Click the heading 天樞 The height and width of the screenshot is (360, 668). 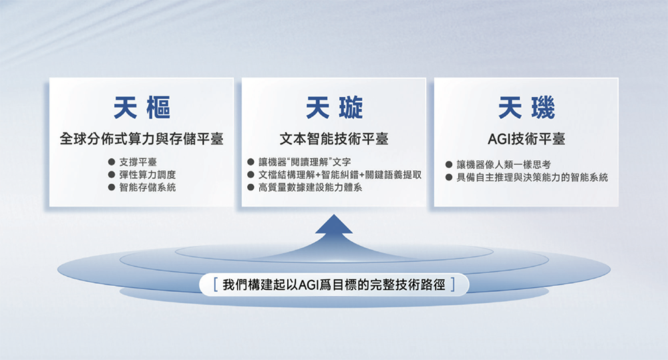[141, 107]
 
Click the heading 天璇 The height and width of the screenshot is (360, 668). [334, 107]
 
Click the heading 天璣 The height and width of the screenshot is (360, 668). [526, 107]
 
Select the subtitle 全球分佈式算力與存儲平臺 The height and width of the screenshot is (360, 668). [141, 140]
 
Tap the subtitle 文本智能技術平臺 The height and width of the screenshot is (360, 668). [334, 140]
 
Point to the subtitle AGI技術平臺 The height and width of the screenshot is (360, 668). [526, 140]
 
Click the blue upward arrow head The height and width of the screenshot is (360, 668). [334, 226]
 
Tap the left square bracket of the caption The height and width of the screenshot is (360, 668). [212, 285]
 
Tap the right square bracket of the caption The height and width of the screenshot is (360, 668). [456, 285]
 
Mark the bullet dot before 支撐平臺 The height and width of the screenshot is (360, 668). [112, 162]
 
